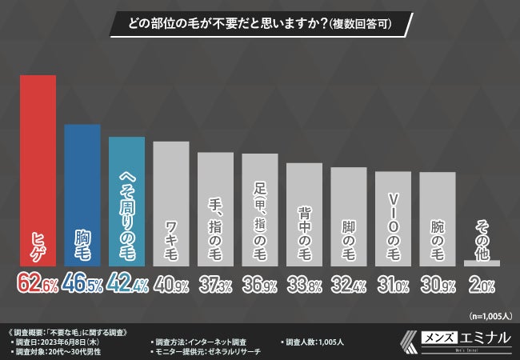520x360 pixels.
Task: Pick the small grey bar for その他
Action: (482, 262)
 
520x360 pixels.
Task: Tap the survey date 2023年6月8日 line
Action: (56, 341)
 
